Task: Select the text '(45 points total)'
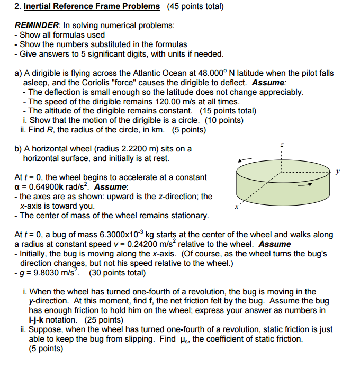[x=195, y=6]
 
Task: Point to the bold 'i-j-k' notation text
[x=38, y=320]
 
